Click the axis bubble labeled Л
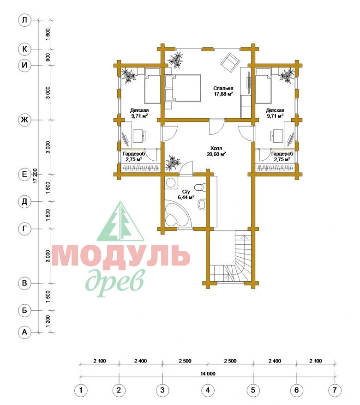[24, 20]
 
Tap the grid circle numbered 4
[208, 390]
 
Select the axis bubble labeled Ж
[24, 120]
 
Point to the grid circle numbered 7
[335, 390]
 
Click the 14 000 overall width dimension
[208, 374]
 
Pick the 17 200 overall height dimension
[36, 175]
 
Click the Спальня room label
[223, 88]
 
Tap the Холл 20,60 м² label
[216, 151]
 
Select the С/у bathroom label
[186, 192]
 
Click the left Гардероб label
[134, 154]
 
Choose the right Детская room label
[275, 110]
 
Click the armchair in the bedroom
[231, 62]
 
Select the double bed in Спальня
[183, 88]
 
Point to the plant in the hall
[173, 163]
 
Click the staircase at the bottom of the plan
[230, 257]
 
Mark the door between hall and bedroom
[216, 127]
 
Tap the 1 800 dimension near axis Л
[48, 34]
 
